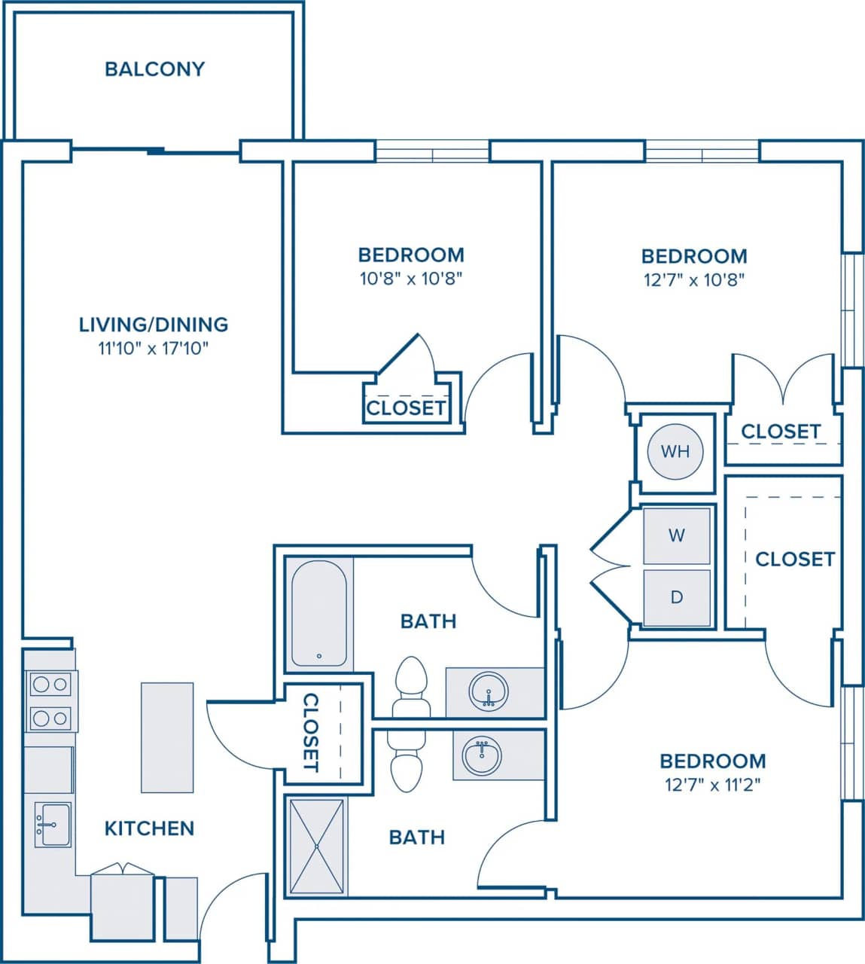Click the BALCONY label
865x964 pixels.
click(x=154, y=69)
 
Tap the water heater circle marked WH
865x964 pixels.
click(x=675, y=451)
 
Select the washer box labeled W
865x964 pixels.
click(x=676, y=535)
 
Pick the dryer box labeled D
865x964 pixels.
click(x=676, y=597)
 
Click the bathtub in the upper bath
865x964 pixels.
click(x=319, y=614)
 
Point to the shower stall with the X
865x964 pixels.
click(x=317, y=847)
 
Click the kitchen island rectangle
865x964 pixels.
click(x=167, y=737)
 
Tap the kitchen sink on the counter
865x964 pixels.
click(x=52, y=825)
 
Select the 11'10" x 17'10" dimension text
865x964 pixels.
click(x=154, y=348)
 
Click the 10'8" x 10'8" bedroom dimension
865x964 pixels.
click(x=410, y=279)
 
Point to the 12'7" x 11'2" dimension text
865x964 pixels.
click(x=712, y=785)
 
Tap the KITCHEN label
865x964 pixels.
click(x=149, y=828)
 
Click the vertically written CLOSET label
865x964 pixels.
click(x=310, y=733)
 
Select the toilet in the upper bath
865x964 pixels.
click(x=412, y=685)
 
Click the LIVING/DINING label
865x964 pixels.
click(x=154, y=325)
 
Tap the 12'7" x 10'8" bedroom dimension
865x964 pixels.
click(x=694, y=279)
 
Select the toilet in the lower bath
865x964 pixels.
click(x=407, y=764)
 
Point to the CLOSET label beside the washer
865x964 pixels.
click(x=795, y=559)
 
